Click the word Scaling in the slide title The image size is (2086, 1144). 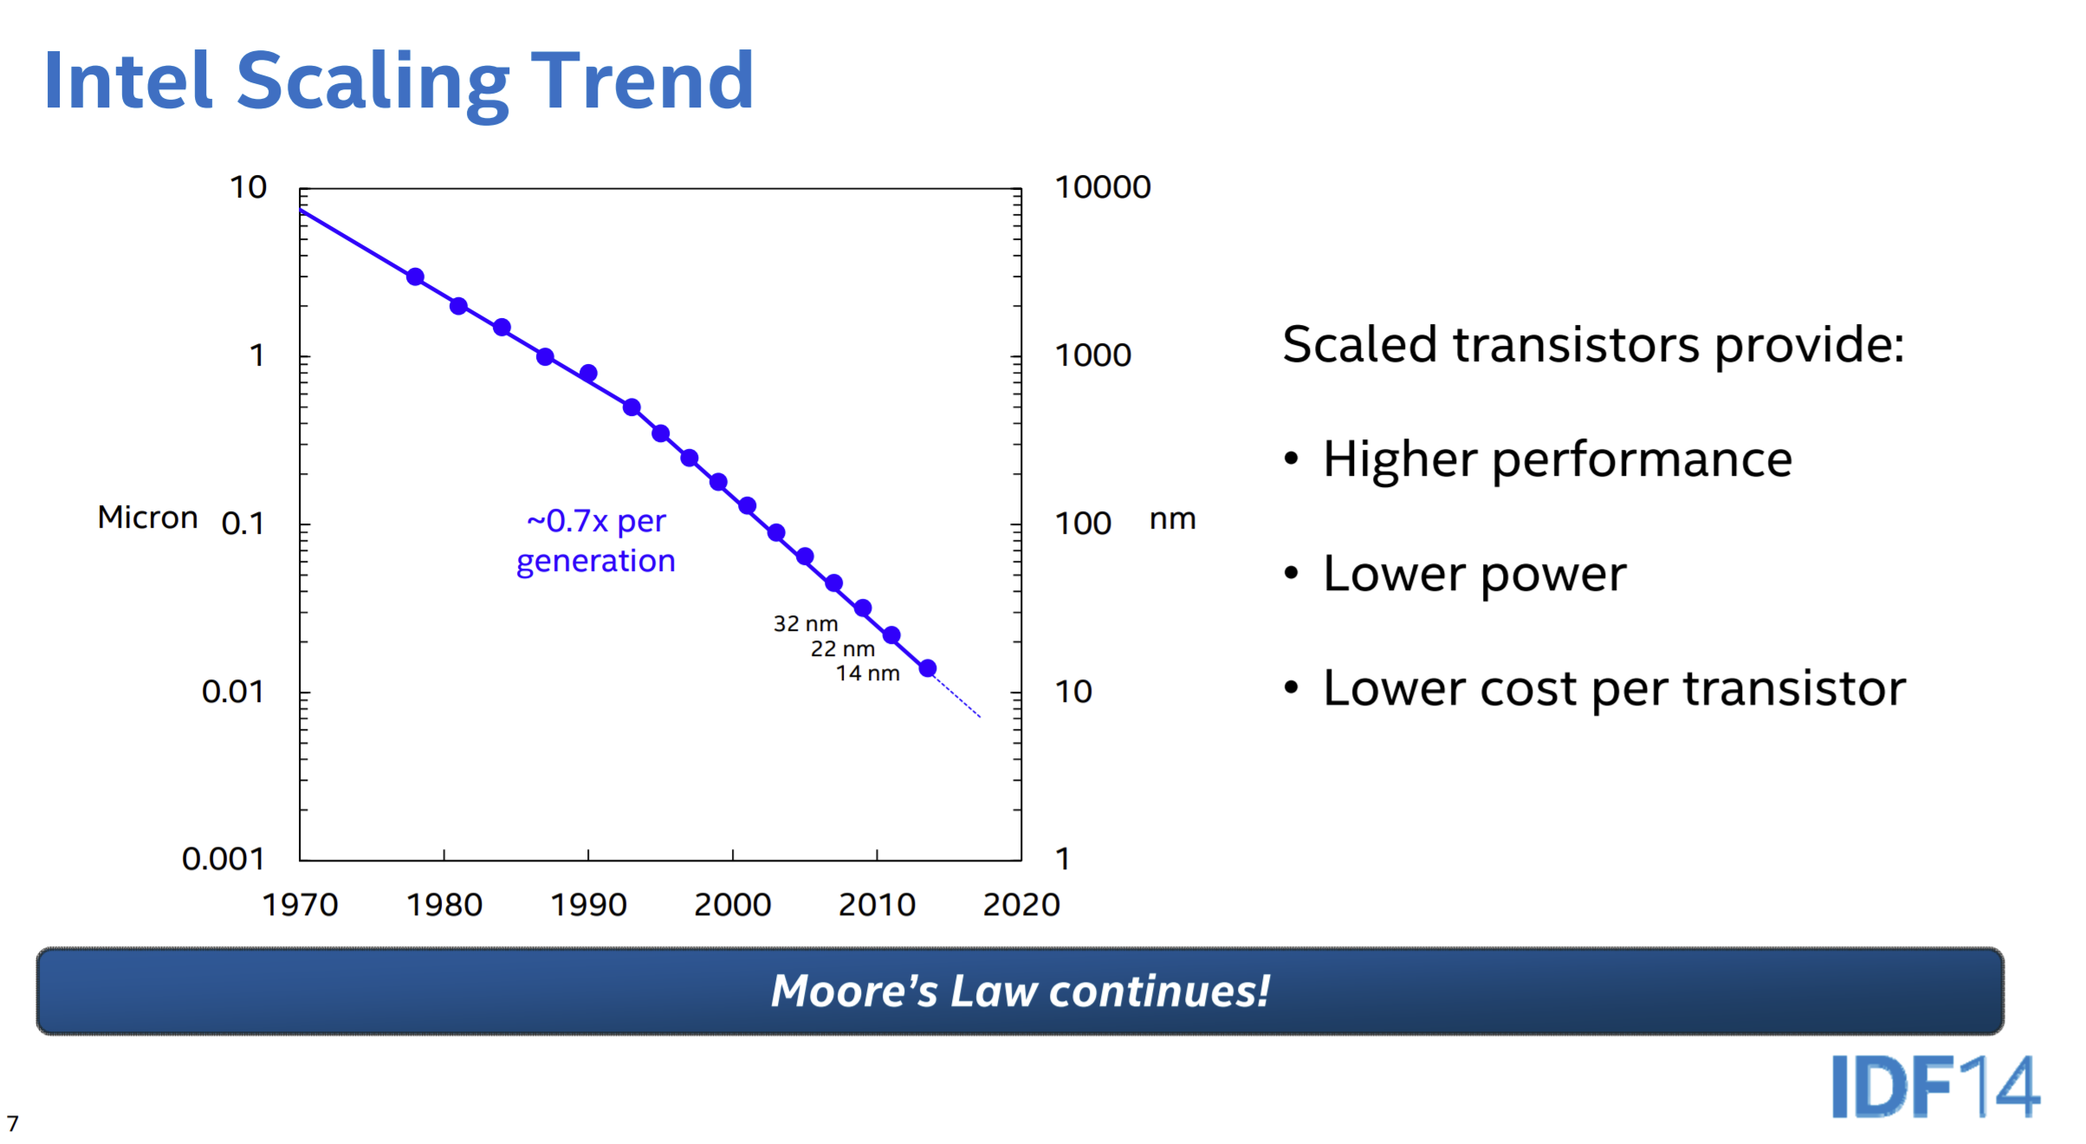[372, 82]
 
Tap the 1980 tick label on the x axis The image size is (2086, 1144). [444, 905]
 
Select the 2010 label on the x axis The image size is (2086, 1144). [877, 905]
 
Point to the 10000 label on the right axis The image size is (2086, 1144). [1102, 187]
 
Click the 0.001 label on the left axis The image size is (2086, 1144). [223, 859]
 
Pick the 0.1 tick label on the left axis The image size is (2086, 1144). [243, 523]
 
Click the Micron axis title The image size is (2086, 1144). [147, 517]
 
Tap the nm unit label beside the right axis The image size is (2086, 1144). [1172, 519]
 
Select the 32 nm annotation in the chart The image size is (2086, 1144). [805, 624]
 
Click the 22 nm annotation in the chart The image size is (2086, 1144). [842, 649]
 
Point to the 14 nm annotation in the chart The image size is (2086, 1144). [867, 673]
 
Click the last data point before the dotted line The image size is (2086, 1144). [928, 668]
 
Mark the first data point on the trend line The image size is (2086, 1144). [415, 277]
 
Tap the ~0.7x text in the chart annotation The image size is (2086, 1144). [567, 521]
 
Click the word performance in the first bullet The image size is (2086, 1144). [1642, 459]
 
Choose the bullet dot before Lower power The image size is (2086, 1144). [1292, 573]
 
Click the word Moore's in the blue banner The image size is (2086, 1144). [854, 991]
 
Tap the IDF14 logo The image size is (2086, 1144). [1935, 1087]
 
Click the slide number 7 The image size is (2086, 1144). [12, 1124]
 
